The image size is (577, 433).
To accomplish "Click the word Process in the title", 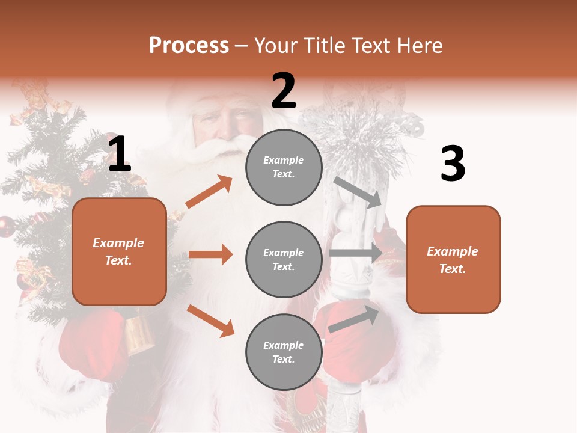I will [x=189, y=45].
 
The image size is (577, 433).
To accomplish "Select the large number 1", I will [x=119, y=155].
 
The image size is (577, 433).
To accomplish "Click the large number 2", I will [x=284, y=91].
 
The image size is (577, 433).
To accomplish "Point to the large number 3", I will [x=453, y=164].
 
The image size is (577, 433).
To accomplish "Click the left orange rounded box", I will [x=119, y=251].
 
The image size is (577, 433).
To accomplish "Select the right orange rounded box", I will [x=453, y=259].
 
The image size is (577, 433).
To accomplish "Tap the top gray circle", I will [x=284, y=167].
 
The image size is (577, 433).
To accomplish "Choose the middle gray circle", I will [x=284, y=259].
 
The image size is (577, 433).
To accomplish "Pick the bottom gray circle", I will [x=284, y=352].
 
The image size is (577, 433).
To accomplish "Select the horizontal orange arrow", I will [x=210, y=254].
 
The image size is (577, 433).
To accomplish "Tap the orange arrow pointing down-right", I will [x=210, y=321].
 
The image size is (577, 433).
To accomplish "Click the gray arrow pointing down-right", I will [x=358, y=192].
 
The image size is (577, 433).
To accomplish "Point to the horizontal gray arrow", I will [x=355, y=253].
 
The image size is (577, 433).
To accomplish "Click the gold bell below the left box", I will [x=139, y=334].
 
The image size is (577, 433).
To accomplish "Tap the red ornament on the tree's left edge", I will [x=6, y=226].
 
